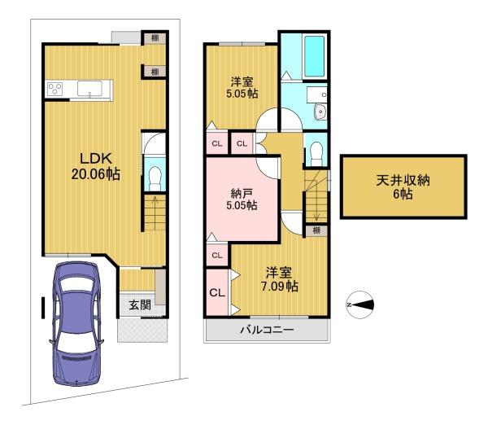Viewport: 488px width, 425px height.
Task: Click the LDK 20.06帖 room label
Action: pyautogui.click(x=95, y=166)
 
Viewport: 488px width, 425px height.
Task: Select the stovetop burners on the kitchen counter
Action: pyautogui.click(x=54, y=89)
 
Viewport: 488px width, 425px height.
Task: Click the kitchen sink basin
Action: pyautogui.click(x=89, y=89)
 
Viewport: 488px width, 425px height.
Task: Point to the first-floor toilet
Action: pyautogui.click(x=155, y=178)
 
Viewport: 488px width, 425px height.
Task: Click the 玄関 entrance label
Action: pyautogui.click(x=140, y=305)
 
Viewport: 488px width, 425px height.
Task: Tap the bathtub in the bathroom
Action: pyautogui.click(x=314, y=56)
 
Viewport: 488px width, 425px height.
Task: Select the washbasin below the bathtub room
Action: pyautogui.click(x=320, y=112)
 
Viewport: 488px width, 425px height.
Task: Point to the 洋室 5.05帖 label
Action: pyautogui.click(x=242, y=88)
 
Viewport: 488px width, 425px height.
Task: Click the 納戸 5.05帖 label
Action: pyautogui.click(x=242, y=199)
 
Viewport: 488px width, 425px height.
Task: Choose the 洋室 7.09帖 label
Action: pyautogui.click(x=279, y=279)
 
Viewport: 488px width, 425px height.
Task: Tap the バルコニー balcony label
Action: pyautogui.click(x=267, y=330)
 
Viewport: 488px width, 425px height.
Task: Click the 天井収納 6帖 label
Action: pyautogui.click(x=403, y=187)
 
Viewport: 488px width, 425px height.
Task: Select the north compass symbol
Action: pyautogui.click(x=360, y=305)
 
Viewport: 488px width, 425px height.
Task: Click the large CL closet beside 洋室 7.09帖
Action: pyautogui.click(x=217, y=293)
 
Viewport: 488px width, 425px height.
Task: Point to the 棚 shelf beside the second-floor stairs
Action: pyautogui.click(x=316, y=230)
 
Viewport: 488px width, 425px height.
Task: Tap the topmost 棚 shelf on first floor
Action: pyautogui.click(x=155, y=38)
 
